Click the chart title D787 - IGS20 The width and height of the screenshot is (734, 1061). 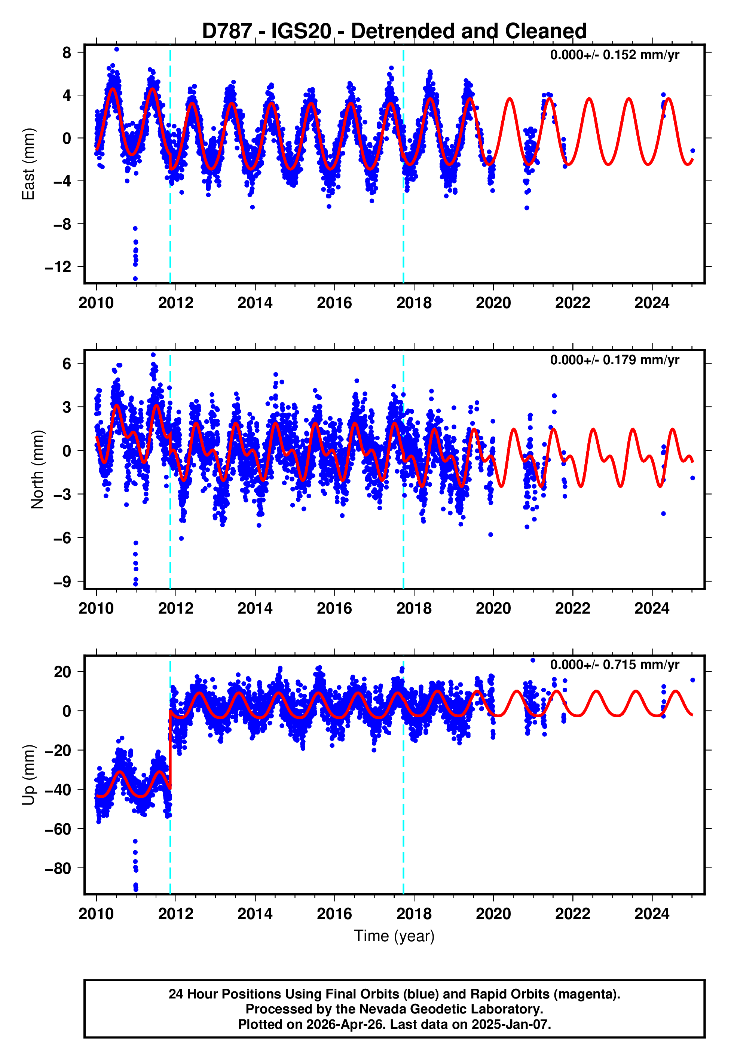pos(394,31)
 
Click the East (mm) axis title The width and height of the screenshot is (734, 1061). pos(28,164)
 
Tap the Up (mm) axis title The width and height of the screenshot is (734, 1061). pos(28,775)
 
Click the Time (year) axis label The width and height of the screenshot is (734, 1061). pos(394,936)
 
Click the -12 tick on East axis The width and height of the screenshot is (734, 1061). pos(58,267)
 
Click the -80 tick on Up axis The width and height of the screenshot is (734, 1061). pos(58,868)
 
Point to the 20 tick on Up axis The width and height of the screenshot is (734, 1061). pos(63,672)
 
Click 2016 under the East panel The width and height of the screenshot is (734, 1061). pos(334,303)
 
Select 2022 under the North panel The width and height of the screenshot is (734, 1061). pos(573,608)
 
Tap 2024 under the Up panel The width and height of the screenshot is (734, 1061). pos(652,914)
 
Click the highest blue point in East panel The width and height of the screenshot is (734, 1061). pos(117,49)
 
